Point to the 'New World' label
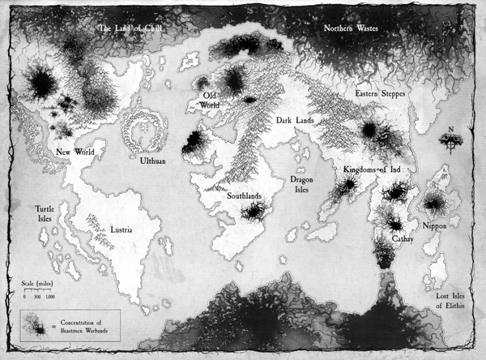tap(75, 152)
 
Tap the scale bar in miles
tap(38, 291)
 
